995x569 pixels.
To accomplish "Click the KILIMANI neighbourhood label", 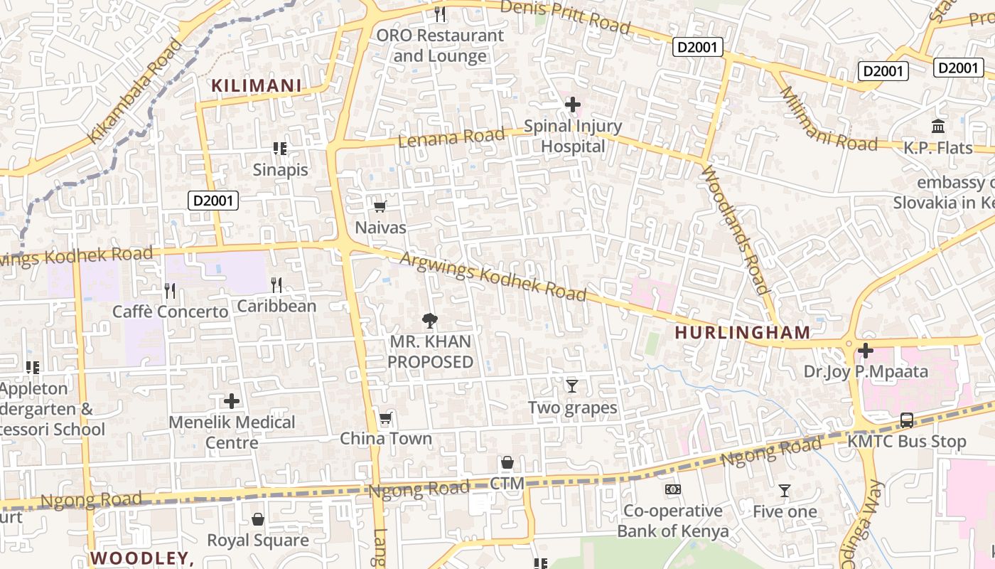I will pos(257,86).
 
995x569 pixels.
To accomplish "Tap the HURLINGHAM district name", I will pos(743,332).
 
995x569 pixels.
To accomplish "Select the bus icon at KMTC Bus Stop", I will pos(907,420).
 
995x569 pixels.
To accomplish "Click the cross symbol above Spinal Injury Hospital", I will pos(572,105).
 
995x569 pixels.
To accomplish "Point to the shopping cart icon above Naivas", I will pos(380,207).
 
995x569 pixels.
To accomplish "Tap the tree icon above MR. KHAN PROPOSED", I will pos(430,321).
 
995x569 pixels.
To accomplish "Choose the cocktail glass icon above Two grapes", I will pos(572,386).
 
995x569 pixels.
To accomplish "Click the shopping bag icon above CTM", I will pos(507,463).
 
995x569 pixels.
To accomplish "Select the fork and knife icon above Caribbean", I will pos(276,285).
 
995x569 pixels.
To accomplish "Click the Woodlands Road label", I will pos(736,229).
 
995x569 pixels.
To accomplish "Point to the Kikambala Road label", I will pos(135,91).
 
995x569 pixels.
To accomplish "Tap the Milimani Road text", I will pos(829,119).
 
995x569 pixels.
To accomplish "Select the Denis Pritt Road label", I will pos(565,16).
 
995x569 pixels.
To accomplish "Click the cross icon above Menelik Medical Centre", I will pos(232,401).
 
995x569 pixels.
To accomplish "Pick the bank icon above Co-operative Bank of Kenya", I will pos(673,489).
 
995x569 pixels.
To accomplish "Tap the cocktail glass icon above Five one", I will pos(785,490).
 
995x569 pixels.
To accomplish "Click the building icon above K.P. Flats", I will pos(938,127).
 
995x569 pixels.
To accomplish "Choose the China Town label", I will pos(386,439).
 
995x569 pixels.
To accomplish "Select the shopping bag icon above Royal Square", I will pos(258,519).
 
